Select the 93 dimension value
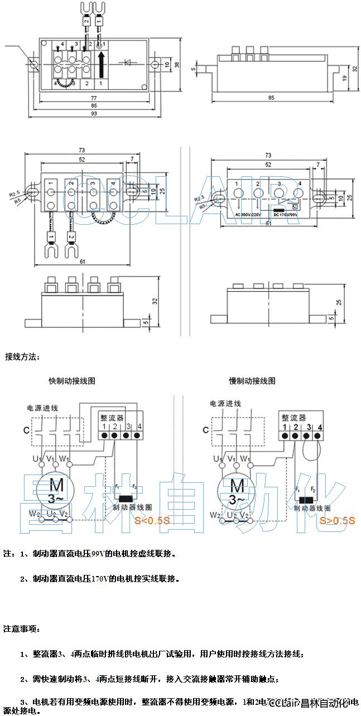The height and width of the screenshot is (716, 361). click(94, 113)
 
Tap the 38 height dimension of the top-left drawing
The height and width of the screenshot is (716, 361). click(177, 65)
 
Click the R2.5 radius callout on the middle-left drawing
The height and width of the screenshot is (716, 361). click(15, 193)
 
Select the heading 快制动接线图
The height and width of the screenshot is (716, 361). click(72, 381)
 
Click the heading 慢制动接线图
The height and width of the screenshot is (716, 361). click(252, 381)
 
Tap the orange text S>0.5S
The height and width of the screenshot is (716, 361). click(337, 520)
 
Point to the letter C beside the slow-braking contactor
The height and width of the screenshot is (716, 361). click(206, 430)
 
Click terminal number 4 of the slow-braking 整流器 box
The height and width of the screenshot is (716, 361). click(320, 427)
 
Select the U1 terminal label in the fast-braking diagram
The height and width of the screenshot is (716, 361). click(37, 459)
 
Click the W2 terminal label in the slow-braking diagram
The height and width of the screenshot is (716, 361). click(215, 515)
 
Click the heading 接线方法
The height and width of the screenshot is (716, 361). click(22, 356)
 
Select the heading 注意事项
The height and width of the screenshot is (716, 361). click(22, 628)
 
